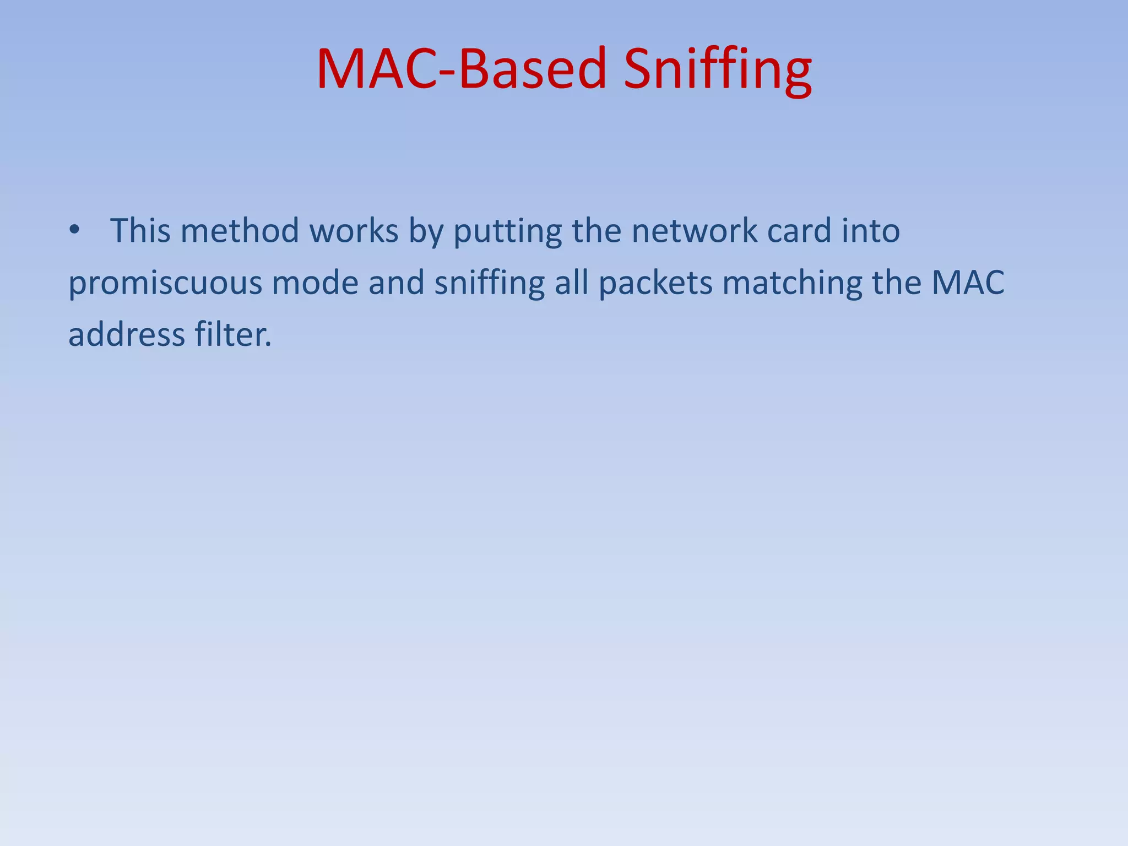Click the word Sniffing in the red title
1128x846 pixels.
coord(717,70)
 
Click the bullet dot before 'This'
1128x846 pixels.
coord(75,230)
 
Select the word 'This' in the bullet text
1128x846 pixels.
coord(140,230)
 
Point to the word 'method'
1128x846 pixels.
coord(240,230)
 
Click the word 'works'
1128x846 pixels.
coord(354,230)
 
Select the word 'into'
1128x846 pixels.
coord(871,230)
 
